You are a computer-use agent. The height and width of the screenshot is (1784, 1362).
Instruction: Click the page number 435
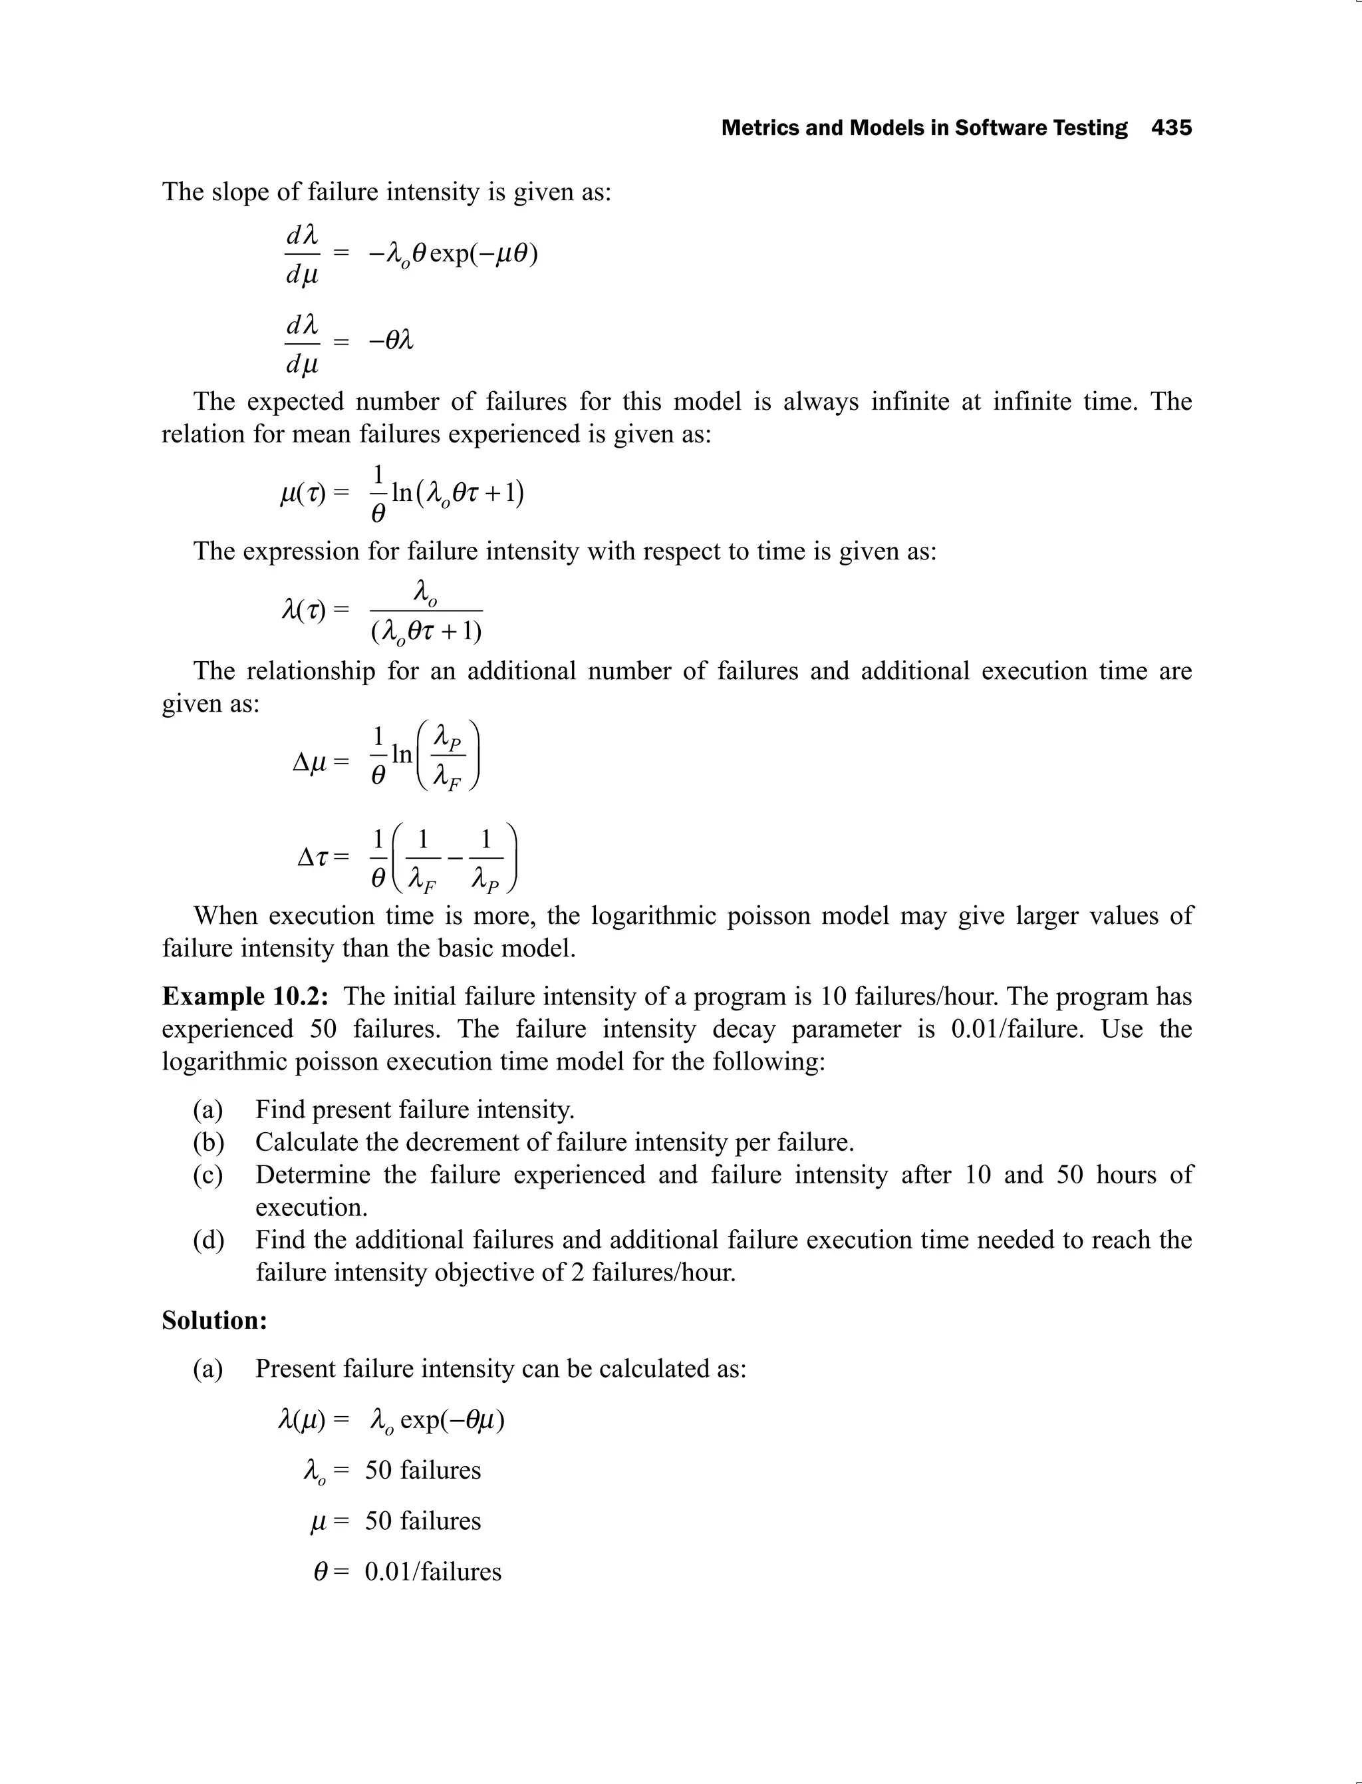[x=1172, y=128]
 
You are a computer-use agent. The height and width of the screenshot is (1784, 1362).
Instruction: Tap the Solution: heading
[x=215, y=1320]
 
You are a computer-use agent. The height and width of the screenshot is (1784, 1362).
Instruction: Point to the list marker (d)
[x=208, y=1239]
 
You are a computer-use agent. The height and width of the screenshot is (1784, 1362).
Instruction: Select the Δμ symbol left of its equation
[x=309, y=762]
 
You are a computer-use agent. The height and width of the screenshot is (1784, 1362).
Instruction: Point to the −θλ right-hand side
[x=391, y=341]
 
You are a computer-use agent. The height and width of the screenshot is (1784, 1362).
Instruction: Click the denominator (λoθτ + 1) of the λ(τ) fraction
[x=426, y=631]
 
